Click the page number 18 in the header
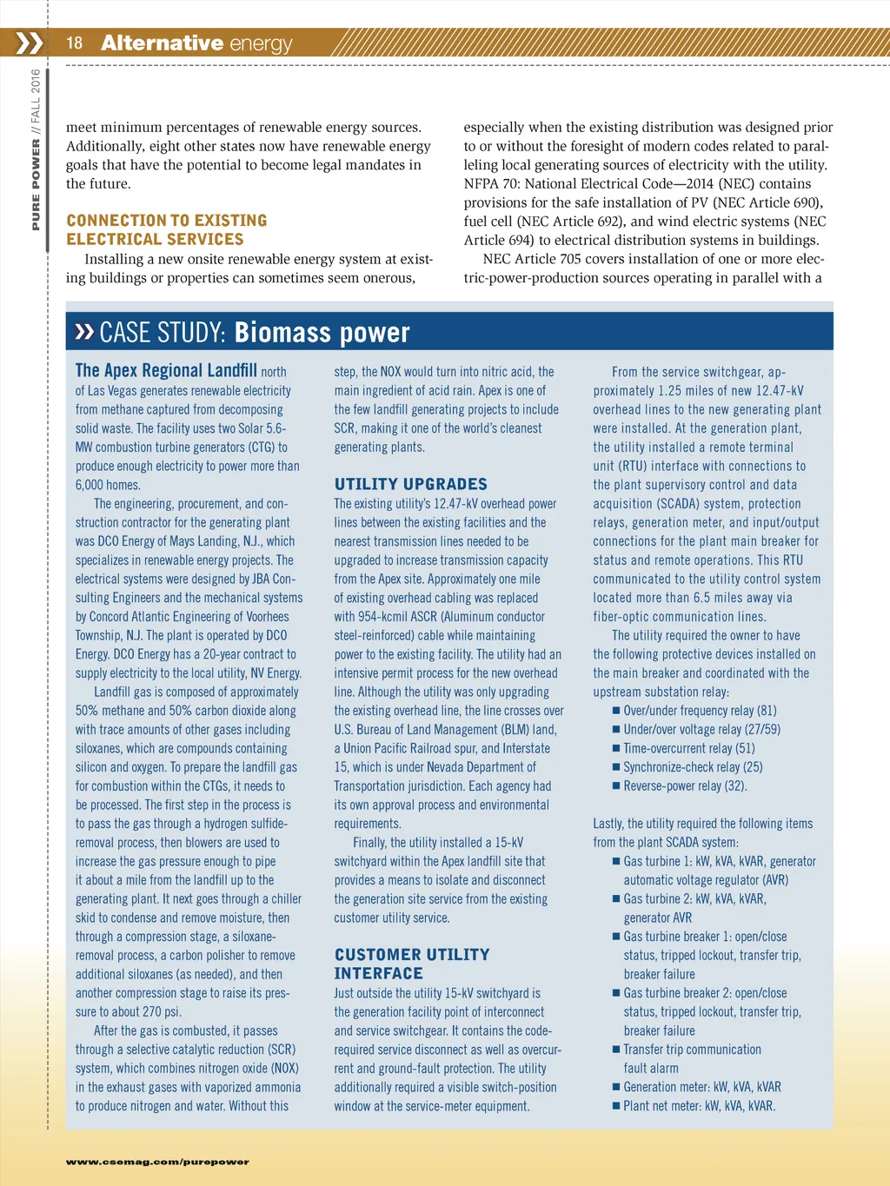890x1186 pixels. click(75, 43)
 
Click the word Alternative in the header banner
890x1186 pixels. click(162, 43)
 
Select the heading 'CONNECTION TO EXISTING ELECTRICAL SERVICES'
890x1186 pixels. click(166, 229)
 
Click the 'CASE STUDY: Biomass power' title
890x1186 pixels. click(243, 332)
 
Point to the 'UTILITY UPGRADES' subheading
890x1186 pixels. click(410, 484)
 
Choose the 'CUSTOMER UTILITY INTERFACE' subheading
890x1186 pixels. click(412, 964)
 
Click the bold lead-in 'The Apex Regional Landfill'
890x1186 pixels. click(165, 371)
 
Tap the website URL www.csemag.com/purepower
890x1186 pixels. click(157, 1162)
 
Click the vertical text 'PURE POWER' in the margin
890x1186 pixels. click(36, 186)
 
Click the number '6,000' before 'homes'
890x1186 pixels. click(91, 485)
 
